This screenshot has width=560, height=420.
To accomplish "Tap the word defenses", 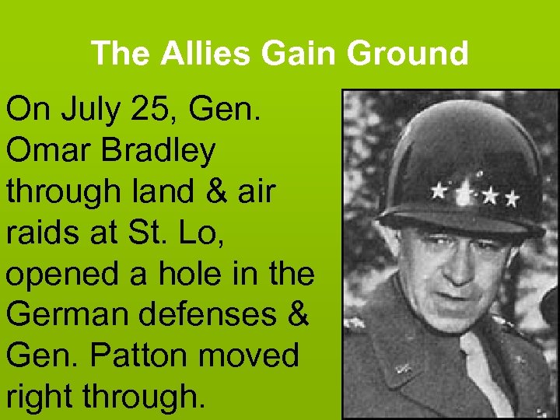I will (x=216, y=315).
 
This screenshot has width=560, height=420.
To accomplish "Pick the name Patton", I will (x=137, y=355).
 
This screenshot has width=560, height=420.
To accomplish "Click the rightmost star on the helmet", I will (x=511, y=199).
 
